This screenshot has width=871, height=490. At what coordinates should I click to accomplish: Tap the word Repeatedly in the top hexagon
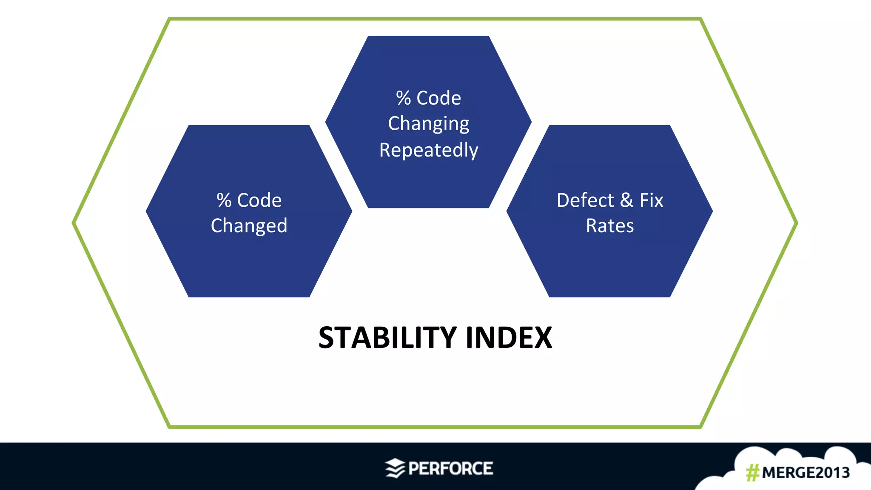click(429, 150)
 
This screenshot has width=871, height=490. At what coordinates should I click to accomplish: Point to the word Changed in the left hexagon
click(249, 226)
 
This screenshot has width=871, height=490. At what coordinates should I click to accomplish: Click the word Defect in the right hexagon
click(585, 200)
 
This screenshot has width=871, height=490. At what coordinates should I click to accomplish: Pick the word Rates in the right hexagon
click(610, 226)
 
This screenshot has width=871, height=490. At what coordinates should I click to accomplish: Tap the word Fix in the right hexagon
click(651, 200)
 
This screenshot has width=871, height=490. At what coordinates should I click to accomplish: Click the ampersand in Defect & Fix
click(626, 200)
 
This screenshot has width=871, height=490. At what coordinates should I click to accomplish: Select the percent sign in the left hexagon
click(224, 200)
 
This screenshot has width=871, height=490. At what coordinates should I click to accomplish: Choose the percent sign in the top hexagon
click(403, 98)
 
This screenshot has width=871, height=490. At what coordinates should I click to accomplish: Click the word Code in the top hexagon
click(438, 98)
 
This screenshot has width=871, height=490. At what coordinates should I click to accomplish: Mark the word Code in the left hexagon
click(259, 200)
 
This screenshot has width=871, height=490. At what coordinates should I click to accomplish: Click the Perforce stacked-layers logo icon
click(395, 468)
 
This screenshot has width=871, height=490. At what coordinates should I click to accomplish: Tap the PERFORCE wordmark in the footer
click(450, 468)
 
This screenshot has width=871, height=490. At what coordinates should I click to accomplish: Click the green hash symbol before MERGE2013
click(752, 473)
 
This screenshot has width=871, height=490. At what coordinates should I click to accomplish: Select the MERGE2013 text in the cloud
click(806, 473)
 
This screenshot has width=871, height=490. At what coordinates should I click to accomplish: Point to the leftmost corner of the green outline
click(74, 222)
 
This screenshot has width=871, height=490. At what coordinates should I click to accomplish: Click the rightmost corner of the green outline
click(796, 222)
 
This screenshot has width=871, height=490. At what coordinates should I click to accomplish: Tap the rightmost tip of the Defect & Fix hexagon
click(712, 211)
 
